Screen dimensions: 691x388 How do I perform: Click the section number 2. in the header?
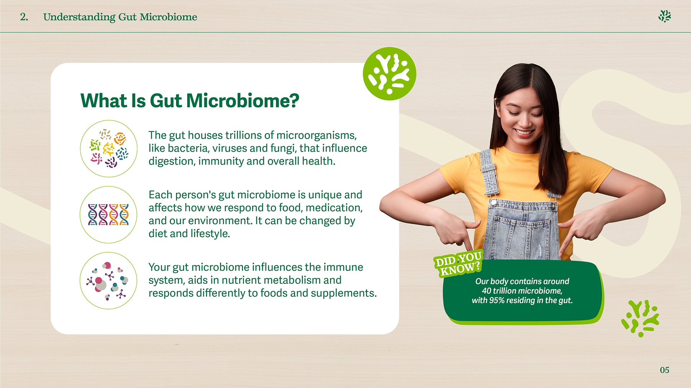pyautogui.click(x=24, y=17)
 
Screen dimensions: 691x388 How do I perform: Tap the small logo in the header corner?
pyautogui.click(x=665, y=16)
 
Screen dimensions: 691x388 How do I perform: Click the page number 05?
pyautogui.click(x=664, y=370)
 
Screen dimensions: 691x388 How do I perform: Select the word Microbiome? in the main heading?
pyautogui.click(x=242, y=101)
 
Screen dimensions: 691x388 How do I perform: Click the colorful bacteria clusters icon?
pyautogui.click(x=109, y=148)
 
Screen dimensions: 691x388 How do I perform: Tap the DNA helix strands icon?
pyautogui.click(x=108, y=214)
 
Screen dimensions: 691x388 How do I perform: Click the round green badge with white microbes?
pyautogui.click(x=389, y=74)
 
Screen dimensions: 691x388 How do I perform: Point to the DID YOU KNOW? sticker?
pyautogui.click(x=458, y=263)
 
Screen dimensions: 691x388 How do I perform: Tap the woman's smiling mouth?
pyautogui.click(x=524, y=132)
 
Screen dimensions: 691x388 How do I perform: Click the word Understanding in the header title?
pyautogui.click(x=79, y=17)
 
